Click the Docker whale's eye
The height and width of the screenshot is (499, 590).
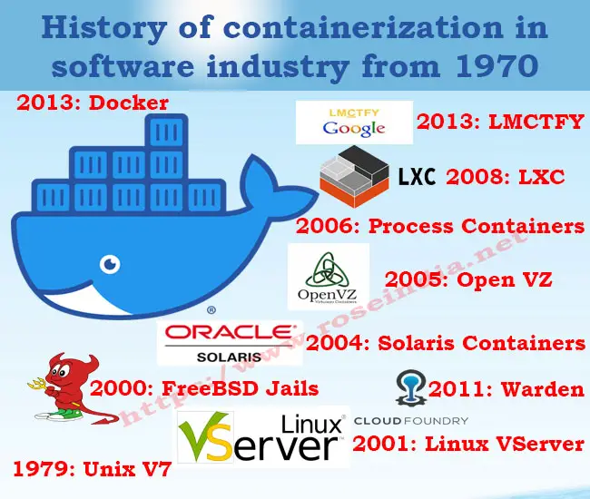point(110,264)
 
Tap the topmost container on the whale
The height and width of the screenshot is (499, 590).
point(166,132)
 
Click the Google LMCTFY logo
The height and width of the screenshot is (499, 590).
point(354,122)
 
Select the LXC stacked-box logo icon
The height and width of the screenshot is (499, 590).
point(354,177)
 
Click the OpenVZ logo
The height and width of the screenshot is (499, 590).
point(328,277)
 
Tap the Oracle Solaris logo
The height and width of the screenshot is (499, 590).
point(230,343)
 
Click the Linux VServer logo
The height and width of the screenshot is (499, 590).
point(262,436)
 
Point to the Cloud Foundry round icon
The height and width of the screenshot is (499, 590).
point(411,387)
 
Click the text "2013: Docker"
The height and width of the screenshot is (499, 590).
point(93,103)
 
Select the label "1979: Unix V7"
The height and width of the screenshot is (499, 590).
point(93,469)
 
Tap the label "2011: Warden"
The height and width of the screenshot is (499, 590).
point(506,389)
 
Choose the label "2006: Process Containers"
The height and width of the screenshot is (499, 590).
point(440,226)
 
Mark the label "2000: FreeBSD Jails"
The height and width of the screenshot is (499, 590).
point(204,388)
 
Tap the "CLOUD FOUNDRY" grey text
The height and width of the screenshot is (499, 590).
point(411,421)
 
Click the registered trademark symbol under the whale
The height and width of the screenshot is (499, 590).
point(211,310)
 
